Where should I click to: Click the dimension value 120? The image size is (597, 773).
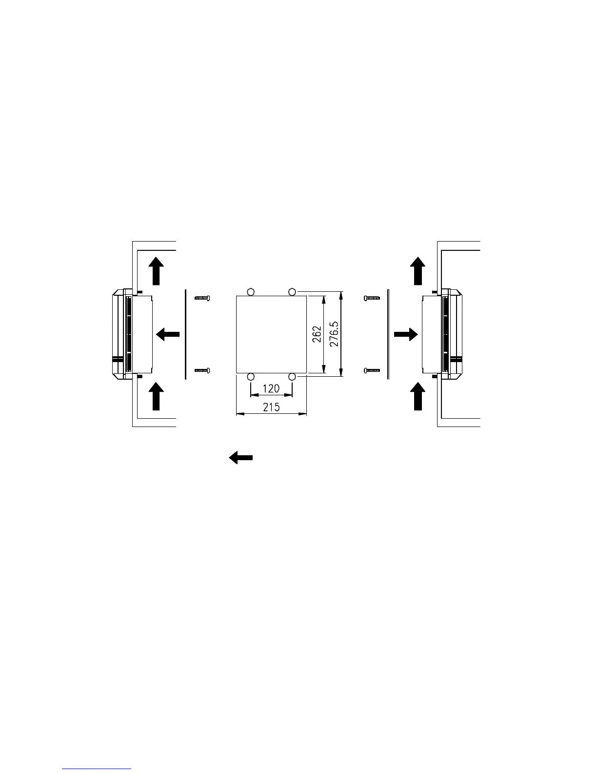[x=271, y=389]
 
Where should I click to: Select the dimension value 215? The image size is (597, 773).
[x=271, y=407]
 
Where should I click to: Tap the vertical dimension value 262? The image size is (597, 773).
[x=317, y=334]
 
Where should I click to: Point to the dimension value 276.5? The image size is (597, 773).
[x=334, y=334]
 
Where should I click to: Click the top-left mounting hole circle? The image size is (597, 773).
[x=251, y=292]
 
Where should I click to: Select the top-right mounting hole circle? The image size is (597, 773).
[x=292, y=292]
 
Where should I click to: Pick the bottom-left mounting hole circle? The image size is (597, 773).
[x=251, y=377]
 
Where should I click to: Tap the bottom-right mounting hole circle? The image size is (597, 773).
[x=292, y=377]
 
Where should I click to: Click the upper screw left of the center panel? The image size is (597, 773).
[x=202, y=298]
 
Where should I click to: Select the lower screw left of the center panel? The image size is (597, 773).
[x=202, y=371]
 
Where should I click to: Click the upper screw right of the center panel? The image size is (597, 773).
[x=372, y=298]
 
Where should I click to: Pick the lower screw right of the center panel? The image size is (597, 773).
[x=372, y=371]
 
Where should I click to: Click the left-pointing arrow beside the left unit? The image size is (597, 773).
[x=168, y=334]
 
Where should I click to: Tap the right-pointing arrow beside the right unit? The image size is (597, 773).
[x=406, y=334]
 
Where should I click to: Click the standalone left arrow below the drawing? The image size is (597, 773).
[x=241, y=458]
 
